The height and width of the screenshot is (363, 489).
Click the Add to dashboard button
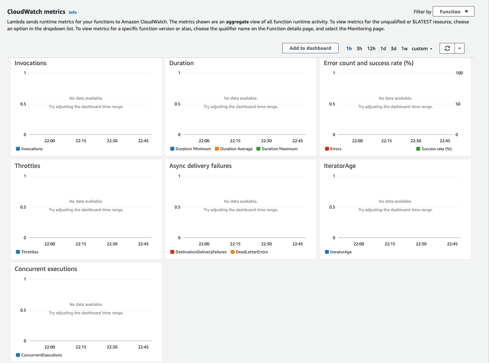(310, 48)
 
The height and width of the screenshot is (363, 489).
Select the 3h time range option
(359, 49)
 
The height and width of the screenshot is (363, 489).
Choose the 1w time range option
(404, 49)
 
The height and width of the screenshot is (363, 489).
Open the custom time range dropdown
(422, 49)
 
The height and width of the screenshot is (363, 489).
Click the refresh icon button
(447, 48)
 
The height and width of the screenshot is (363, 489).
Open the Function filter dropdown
(453, 11)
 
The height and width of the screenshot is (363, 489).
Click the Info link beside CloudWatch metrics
(73, 12)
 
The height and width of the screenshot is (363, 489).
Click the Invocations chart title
(31, 63)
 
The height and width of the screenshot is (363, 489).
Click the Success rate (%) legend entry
(434, 149)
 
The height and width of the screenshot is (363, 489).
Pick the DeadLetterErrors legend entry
(249, 252)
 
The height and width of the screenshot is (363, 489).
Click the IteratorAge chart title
(340, 166)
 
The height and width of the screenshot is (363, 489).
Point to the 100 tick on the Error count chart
(459, 73)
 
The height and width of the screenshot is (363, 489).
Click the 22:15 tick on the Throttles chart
(81, 244)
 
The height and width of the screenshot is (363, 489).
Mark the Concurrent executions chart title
(46, 269)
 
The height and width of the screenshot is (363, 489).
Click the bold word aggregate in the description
(237, 22)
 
